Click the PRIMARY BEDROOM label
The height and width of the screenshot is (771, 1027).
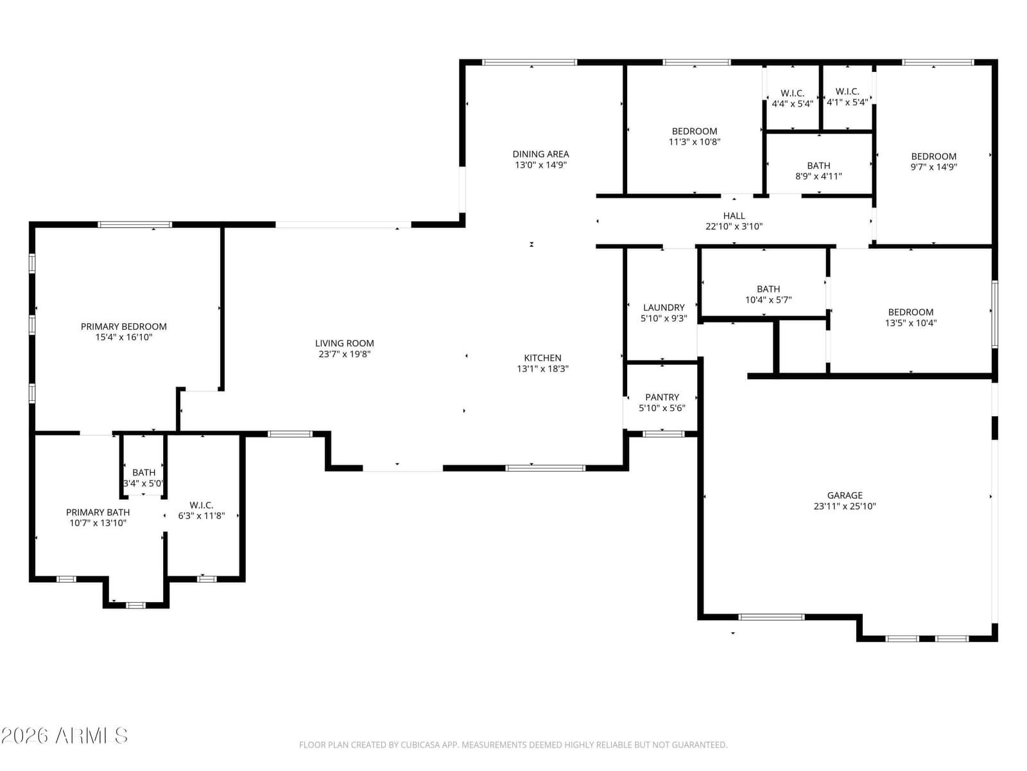click(x=123, y=326)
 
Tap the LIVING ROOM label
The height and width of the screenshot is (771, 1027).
click(x=344, y=343)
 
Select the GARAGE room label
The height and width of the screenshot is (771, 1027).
click(x=845, y=495)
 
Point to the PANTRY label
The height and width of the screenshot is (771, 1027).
click(x=662, y=397)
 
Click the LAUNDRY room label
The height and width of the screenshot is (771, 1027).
click(x=664, y=307)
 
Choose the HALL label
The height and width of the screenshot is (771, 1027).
click(x=734, y=215)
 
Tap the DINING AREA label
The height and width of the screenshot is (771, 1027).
click(x=540, y=154)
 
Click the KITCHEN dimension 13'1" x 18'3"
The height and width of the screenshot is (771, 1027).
click(x=542, y=368)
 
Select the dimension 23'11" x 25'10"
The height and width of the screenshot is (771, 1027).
click(x=845, y=506)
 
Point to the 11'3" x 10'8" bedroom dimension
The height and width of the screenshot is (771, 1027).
click(x=695, y=141)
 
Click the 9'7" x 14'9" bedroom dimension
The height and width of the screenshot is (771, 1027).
click(x=933, y=166)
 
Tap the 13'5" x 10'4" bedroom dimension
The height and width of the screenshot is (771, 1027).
click(x=910, y=323)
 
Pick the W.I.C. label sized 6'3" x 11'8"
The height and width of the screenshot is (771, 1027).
click(x=201, y=504)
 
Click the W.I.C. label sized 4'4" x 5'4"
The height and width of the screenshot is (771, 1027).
click(x=792, y=93)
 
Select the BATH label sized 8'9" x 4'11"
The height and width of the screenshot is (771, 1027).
click(x=818, y=165)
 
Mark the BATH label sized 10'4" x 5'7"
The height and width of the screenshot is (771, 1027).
click(x=768, y=289)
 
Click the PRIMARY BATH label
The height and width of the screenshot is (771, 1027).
click(x=98, y=512)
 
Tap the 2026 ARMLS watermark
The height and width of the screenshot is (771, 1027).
click(x=64, y=736)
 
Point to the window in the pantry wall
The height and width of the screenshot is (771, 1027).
click(x=663, y=434)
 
